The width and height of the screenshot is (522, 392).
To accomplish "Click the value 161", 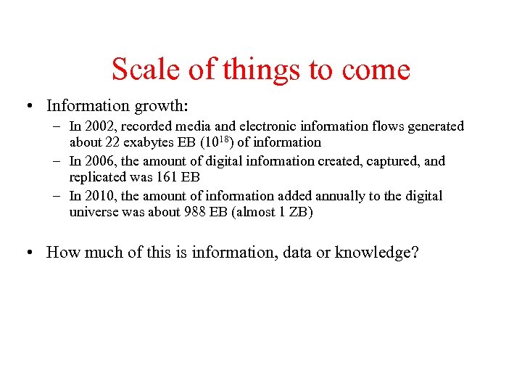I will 164,177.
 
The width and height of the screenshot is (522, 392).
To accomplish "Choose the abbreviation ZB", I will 297,212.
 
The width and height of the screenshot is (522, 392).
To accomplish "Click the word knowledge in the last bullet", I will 373,253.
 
